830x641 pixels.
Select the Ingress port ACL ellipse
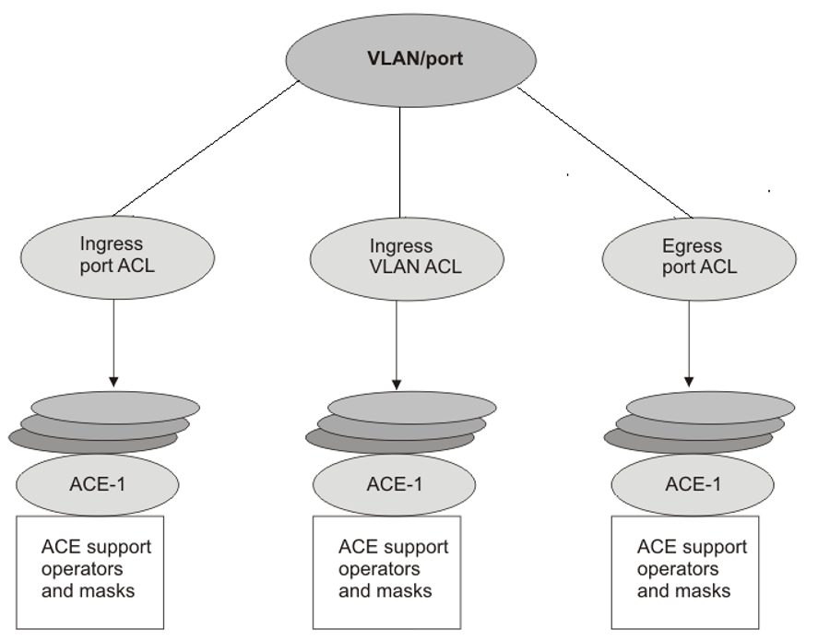(x=114, y=256)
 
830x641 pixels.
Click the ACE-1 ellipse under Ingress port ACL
(x=98, y=484)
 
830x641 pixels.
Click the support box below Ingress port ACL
(x=90, y=571)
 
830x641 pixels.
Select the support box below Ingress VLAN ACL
(x=386, y=571)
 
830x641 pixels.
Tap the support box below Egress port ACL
(x=685, y=571)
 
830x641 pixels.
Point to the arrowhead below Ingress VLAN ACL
(x=397, y=380)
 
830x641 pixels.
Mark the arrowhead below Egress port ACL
(x=689, y=380)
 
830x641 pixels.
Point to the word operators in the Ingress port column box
(x=82, y=569)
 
